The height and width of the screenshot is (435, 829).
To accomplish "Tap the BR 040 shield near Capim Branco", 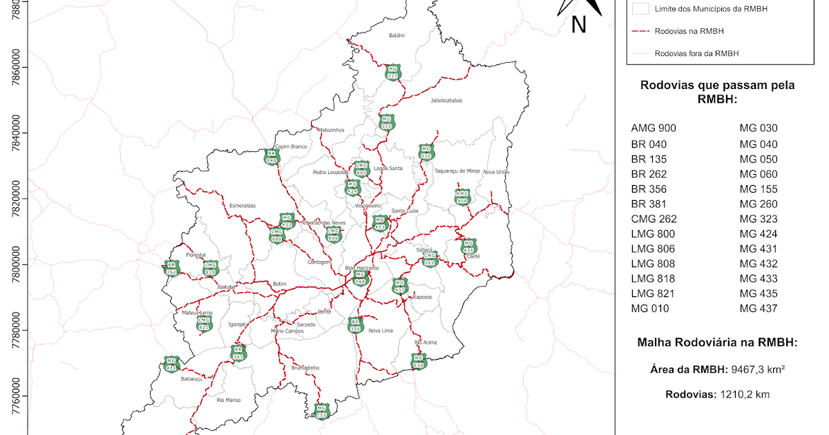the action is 271,157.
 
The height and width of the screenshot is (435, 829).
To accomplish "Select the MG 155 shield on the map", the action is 321,411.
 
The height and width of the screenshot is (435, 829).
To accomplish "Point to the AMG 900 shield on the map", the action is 462,197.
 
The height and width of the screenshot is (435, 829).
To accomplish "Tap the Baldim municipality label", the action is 396,35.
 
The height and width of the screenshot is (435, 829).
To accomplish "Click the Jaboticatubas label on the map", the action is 446,100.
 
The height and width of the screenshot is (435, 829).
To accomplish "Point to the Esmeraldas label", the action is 242,205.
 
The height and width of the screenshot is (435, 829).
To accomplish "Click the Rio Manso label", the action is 228,400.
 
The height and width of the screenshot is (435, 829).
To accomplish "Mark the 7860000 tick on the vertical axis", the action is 15,68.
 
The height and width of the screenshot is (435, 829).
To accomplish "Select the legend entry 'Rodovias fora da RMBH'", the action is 701,53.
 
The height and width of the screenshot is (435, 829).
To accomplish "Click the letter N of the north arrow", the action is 579,25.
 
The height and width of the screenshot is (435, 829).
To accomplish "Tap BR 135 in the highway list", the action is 649,159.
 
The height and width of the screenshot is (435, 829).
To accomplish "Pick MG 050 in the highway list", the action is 759,159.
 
